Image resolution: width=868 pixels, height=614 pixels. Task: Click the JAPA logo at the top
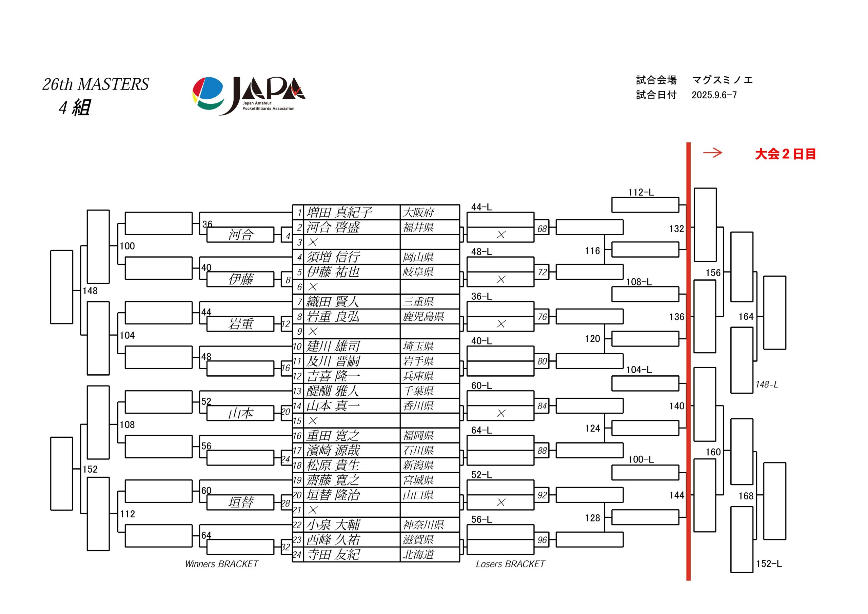249,96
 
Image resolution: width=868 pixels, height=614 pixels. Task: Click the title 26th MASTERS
96,84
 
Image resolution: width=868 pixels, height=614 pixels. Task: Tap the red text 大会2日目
785,154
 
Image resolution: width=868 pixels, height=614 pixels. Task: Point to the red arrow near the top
713,153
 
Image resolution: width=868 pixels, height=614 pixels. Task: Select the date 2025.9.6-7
714,95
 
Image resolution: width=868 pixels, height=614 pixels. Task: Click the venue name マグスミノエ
723,80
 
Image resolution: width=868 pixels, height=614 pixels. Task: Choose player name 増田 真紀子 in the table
339,212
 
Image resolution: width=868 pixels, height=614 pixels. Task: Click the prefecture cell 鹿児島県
423,316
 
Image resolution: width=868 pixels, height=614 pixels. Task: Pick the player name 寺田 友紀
333,554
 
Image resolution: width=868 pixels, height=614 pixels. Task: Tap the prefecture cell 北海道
418,554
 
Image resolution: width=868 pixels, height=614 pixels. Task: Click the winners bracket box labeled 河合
240,234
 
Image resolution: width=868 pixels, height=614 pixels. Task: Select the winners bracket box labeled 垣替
240,502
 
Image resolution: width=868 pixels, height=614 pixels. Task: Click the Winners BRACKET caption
221,564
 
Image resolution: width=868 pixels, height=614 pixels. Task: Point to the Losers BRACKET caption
510,564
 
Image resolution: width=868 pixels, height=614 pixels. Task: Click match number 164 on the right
746,316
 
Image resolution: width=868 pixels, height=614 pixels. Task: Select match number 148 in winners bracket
90,291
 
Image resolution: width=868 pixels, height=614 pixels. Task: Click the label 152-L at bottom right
769,564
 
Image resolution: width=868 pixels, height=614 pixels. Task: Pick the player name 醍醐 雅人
333,391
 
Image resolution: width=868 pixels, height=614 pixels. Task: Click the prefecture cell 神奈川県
423,524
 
